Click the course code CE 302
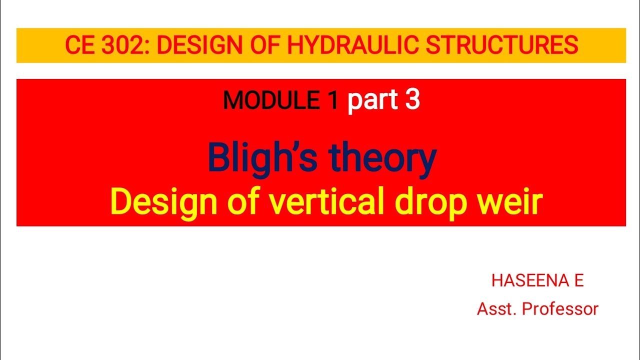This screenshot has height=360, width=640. [107, 46]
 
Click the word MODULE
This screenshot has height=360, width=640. [271, 101]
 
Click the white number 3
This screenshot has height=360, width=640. [412, 100]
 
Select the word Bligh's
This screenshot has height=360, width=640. [263, 157]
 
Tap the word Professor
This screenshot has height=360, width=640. [560, 309]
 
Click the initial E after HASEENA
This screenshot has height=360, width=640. [578, 281]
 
